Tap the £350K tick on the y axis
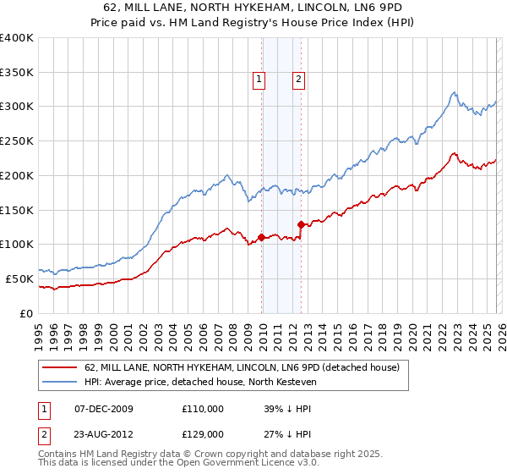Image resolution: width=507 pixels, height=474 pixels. click(x=17, y=72)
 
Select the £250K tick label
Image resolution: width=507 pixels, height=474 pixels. click(x=17, y=141)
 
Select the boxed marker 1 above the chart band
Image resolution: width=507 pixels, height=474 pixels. click(x=258, y=80)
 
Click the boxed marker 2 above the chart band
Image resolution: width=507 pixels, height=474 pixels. click(x=299, y=80)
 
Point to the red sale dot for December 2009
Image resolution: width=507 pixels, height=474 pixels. click(x=262, y=237)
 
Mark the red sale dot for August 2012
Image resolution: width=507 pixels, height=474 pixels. click(x=302, y=224)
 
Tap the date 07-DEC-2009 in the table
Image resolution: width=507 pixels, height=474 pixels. click(x=104, y=408)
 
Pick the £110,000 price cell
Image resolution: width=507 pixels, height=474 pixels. click(x=203, y=408)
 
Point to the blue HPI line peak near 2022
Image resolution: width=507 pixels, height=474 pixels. click(x=455, y=92)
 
